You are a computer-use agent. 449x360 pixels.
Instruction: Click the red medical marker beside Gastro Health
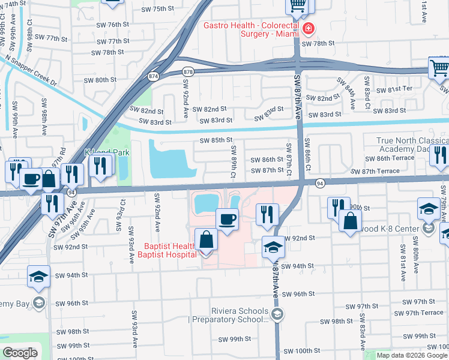coord(308,28)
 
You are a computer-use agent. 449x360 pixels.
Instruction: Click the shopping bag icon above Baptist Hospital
coord(206,239)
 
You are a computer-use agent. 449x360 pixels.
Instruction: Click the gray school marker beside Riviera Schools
coord(277,314)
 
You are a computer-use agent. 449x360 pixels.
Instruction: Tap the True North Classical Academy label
coord(412,145)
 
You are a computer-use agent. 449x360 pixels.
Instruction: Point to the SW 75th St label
coord(157,10)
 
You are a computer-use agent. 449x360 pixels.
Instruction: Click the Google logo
coord(20,352)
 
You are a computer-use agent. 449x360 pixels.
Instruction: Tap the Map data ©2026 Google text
coord(412,355)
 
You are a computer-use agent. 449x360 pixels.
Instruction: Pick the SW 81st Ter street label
coord(409,89)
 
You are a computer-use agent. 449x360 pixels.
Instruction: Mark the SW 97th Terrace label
coord(424,313)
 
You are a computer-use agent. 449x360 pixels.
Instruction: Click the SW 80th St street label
coord(100,80)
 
